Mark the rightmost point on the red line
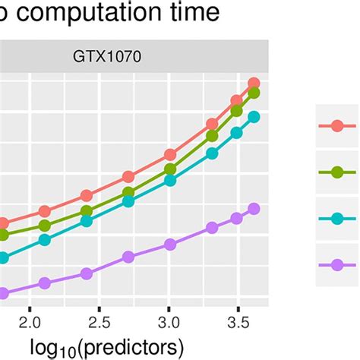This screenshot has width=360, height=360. (254, 84)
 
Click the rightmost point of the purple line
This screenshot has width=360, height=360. (254, 209)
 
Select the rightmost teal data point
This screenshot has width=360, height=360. (254, 117)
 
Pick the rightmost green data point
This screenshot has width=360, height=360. (254, 93)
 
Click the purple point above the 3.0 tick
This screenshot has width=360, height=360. (170, 245)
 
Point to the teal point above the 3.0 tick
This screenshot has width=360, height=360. (170, 180)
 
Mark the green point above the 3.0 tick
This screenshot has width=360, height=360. (170, 169)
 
